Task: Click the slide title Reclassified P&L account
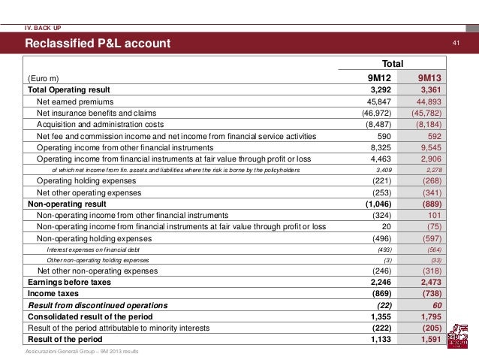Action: (x=98, y=43)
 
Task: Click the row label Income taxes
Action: (x=53, y=293)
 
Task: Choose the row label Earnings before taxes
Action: (x=69, y=282)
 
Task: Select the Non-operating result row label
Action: (x=66, y=204)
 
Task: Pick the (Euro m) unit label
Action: (x=44, y=78)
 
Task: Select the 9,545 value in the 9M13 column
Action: (x=431, y=147)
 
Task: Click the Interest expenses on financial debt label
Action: (x=92, y=249)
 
